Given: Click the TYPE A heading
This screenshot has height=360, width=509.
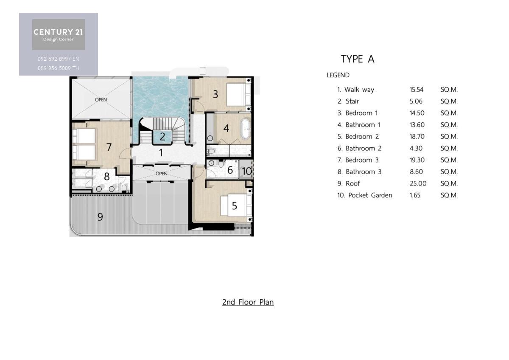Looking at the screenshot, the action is point(358,59).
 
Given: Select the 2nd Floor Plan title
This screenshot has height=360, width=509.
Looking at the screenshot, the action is point(248,302).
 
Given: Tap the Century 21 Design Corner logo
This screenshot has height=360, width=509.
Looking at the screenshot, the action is point(59,34).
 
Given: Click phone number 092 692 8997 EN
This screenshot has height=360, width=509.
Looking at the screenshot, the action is point(59,59).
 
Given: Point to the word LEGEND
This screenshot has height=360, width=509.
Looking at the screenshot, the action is point(338,75).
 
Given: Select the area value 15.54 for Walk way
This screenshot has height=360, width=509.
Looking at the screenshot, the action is point(416,90).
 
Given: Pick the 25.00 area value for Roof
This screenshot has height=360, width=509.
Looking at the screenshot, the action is point(418,183).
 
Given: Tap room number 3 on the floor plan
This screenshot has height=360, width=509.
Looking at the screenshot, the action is point(215,94).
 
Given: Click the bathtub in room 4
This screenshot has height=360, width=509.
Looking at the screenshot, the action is point(245,129).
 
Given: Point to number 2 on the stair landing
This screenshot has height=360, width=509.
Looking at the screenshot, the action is point(162,137).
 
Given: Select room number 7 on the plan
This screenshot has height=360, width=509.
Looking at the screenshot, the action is point(109,147).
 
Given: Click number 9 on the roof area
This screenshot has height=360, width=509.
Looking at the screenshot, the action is point(100,217).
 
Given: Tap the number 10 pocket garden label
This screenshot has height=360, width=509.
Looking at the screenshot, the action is point(247,171).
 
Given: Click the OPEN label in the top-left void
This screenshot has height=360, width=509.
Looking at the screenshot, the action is point(101,100).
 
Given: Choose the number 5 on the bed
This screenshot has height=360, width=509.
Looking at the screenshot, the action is point(235,206).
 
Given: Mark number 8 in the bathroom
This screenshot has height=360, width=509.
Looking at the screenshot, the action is point(107,177).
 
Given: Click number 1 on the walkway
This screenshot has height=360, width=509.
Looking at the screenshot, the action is point(161,153).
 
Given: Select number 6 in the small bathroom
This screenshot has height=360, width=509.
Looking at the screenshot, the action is point(230,170).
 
